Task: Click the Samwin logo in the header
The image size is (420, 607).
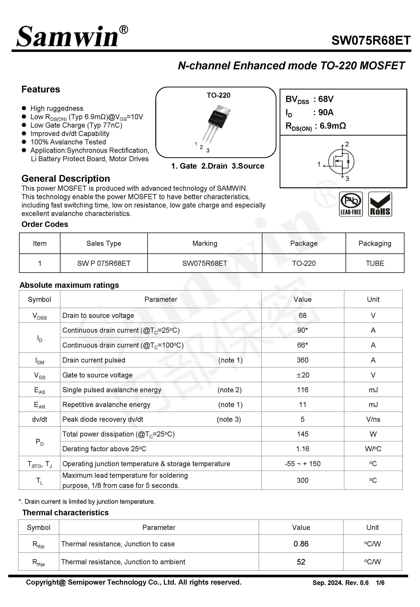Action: (x=71, y=37)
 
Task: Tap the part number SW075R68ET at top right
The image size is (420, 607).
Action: (x=371, y=41)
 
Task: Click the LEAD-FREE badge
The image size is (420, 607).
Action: (x=351, y=204)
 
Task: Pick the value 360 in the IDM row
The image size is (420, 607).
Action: (x=302, y=360)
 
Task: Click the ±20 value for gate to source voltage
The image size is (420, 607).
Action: (x=302, y=375)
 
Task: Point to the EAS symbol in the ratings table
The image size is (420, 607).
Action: (x=39, y=390)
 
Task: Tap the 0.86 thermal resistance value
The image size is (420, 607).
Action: (x=301, y=544)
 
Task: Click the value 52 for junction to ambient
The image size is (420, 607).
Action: (x=301, y=562)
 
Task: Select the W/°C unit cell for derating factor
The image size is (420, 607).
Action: (x=373, y=449)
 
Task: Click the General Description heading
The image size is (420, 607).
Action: (x=66, y=179)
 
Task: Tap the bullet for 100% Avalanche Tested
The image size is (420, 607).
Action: (x=24, y=142)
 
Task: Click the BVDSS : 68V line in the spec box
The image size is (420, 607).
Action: (x=309, y=99)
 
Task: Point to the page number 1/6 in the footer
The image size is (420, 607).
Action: (x=380, y=583)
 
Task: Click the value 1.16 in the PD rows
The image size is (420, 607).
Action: (x=302, y=449)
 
